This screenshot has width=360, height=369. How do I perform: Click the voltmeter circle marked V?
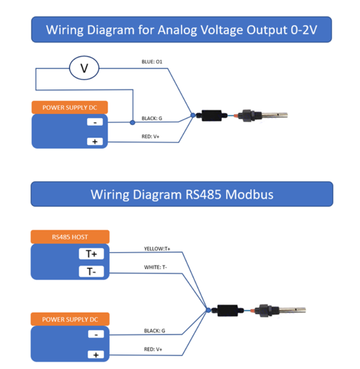pyautogui.click(x=84, y=68)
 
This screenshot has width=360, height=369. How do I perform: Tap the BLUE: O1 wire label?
pyautogui.click(x=152, y=61)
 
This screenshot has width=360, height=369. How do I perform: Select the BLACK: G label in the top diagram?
pyautogui.click(x=152, y=118)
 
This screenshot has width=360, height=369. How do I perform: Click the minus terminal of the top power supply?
pyautogui.click(x=95, y=122)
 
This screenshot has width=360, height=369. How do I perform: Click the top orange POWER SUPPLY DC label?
pyautogui.click(x=69, y=107)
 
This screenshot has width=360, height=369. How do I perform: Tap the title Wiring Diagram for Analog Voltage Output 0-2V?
pyautogui.click(x=181, y=30)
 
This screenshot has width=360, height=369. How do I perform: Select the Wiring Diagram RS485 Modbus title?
pyautogui.click(x=181, y=194)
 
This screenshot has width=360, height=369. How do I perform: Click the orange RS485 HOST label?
pyautogui.click(x=70, y=237)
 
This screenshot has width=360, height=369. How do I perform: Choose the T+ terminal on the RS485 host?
pyautogui.click(x=91, y=254)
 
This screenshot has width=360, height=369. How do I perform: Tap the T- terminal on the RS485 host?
pyautogui.click(x=91, y=272)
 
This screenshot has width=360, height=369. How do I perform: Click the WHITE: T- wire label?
pyautogui.click(x=155, y=267)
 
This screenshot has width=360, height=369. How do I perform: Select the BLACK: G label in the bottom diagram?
pyautogui.click(x=154, y=331)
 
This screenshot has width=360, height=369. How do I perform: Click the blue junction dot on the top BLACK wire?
pyautogui.click(x=132, y=122)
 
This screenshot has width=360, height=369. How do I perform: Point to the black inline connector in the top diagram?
pyautogui.click(x=211, y=116)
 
